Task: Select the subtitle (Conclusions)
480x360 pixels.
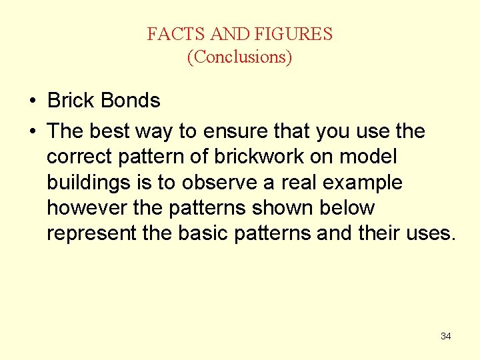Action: pos(239,57)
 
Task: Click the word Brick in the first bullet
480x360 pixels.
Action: pos(70,101)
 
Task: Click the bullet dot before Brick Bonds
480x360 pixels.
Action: pos(32,101)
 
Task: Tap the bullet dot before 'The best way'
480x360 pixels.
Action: pos(32,131)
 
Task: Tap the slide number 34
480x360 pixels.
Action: pos(445,336)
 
